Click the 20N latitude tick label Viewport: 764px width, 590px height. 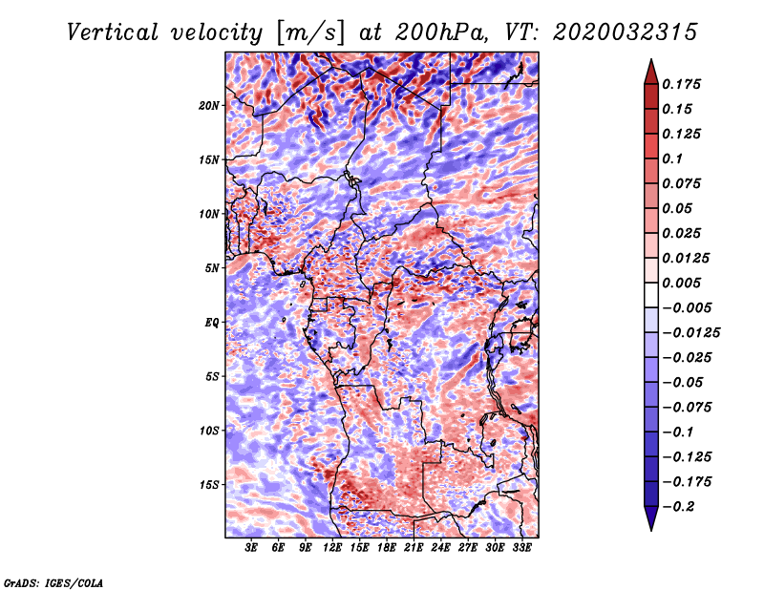pos(209,106)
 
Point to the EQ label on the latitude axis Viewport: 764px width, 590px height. pos(212,323)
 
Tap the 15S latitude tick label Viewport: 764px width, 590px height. pos(209,485)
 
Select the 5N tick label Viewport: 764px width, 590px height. pos(212,268)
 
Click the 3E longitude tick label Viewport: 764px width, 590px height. pos(250,548)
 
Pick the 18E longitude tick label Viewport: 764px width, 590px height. pos(387,548)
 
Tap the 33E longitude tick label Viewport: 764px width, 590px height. pos(521,548)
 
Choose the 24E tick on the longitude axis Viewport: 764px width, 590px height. pos(440,548)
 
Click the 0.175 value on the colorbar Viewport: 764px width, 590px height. pos(682,84)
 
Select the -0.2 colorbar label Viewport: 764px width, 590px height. pos(677,507)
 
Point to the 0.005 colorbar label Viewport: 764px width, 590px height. pos(682,283)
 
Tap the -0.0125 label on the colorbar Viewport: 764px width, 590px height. pos(691,333)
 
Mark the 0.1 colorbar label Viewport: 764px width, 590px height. pos(672,158)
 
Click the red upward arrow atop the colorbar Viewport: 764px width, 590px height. pos(651,72)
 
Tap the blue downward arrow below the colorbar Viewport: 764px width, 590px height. pos(651,518)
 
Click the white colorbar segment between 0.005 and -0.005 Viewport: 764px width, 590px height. pos(651,295)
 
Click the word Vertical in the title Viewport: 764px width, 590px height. pos(113,32)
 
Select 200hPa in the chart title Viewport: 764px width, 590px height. pos(441,32)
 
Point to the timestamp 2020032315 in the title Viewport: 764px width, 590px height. pos(625,32)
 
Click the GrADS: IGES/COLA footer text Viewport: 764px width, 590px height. pos(53,582)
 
